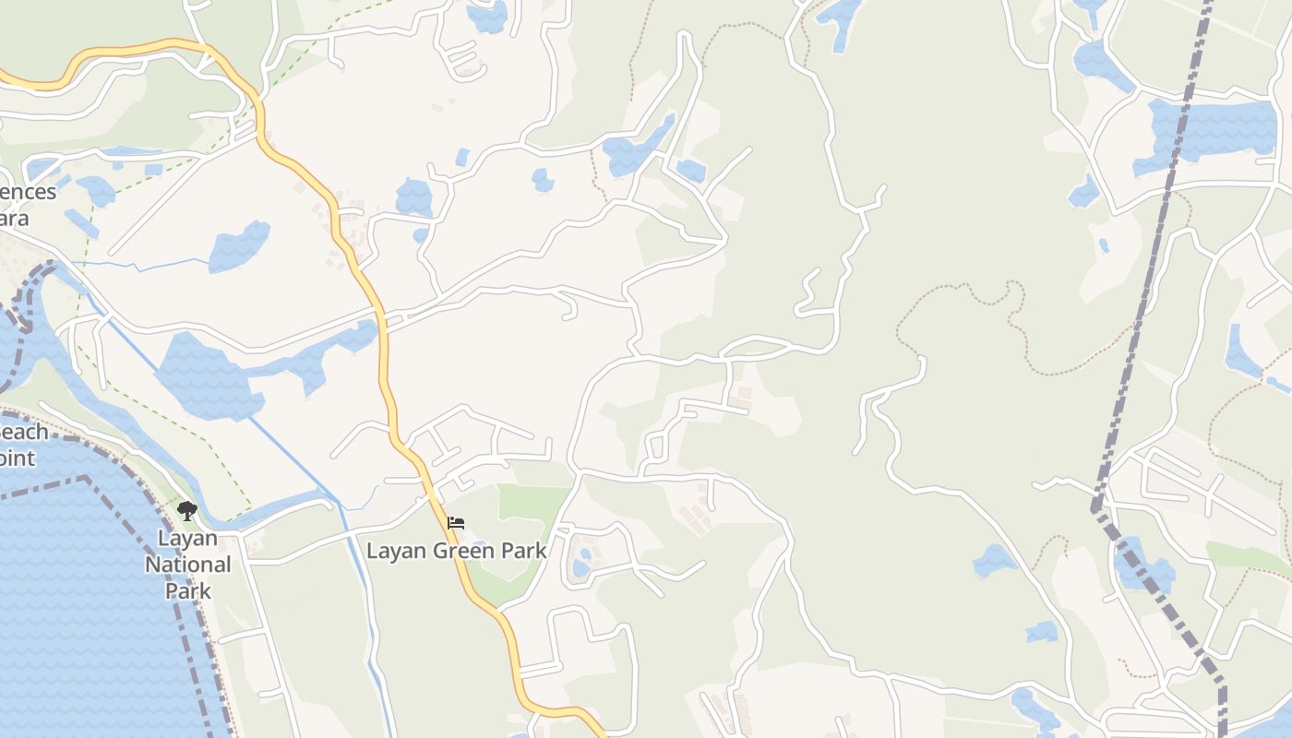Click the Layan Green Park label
pyautogui.click(x=457, y=552)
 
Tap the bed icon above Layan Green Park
pyautogui.click(x=456, y=523)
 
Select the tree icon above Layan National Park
pyautogui.click(x=187, y=510)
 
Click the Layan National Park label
pyautogui.click(x=188, y=564)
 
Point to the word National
pyautogui.click(x=188, y=564)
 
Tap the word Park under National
pyautogui.click(x=188, y=590)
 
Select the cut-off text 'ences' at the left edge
pyautogui.click(x=28, y=192)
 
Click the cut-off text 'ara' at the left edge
pyautogui.click(x=15, y=219)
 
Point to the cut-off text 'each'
pyautogui.click(x=23, y=432)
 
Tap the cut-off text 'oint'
pyautogui.click(x=18, y=458)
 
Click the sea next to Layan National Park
pyautogui.click(x=83, y=600)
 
